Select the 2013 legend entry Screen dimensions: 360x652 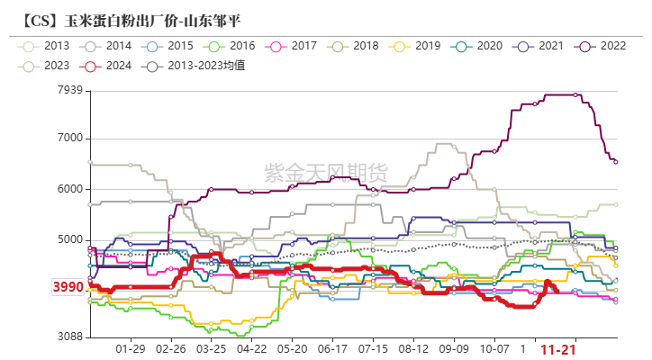[x=45, y=45]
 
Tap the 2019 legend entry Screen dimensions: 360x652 [x=416, y=45]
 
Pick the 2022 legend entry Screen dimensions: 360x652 [x=600, y=45]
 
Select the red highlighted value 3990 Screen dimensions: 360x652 [x=68, y=288]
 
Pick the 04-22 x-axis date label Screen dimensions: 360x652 [x=252, y=348]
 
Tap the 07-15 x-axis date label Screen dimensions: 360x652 [x=373, y=348]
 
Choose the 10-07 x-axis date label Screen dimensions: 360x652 [x=494, y=348]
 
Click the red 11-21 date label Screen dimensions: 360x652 [x=558, y=348]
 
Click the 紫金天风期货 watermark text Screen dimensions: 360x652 [x=326, y=170]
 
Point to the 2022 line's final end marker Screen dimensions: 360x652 [x=615, y=162]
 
